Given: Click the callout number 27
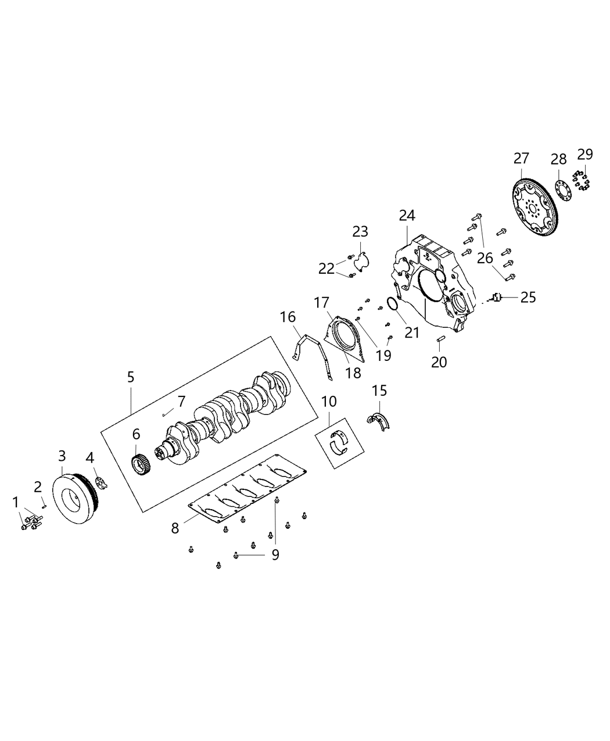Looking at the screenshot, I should point(521,157).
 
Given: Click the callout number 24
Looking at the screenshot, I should point(407,216).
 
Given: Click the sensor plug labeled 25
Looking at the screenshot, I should point(495,298).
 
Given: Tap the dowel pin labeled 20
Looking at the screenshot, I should point(440,339).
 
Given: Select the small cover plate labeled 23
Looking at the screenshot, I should point(362,261).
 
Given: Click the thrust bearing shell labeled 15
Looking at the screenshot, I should point(380,420).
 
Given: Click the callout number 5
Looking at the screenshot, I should point(131,377).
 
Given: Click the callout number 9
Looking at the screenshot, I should point(275,554).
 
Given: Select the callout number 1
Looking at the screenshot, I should point(16,501).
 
